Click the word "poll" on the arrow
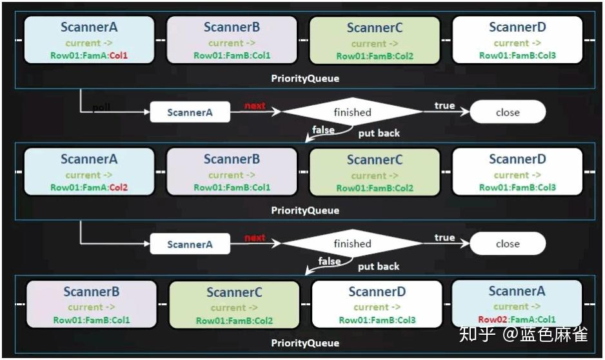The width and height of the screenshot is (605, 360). coord(101,108)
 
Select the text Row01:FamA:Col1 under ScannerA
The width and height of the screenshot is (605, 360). coord(89,55)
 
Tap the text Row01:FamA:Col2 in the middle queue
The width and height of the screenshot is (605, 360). coord(89,188)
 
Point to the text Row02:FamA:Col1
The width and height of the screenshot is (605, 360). coord(517,319)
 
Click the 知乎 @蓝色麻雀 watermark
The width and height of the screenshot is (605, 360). coord(523,334)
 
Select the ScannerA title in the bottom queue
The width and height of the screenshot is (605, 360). coord(517,292)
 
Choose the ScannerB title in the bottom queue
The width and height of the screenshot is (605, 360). coord(91,292)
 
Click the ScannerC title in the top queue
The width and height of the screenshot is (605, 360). coord(375,28)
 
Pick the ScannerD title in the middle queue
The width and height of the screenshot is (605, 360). coord(517,159)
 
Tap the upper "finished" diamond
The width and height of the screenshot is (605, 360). coord(352,112)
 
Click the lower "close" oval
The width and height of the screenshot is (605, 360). coord(508,244)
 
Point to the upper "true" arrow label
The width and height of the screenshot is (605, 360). coord(444,105)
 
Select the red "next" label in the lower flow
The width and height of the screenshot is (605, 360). coord(255,238)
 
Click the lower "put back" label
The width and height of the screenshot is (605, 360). coord(379,266)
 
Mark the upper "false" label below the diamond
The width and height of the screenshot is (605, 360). coord(323,130)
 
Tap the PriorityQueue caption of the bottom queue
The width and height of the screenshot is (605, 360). coord(305,343)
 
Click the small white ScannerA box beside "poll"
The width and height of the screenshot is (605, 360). coord(190,112)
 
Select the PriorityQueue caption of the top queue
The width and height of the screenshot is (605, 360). coord(305,79)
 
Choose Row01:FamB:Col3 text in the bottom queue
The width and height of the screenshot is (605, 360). coord(377,320)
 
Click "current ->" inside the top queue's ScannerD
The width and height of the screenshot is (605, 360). coord(517,43)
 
